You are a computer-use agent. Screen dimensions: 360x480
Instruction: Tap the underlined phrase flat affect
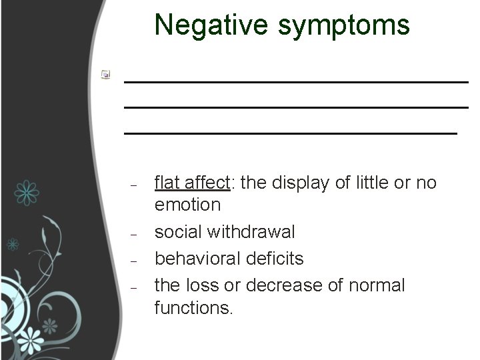[x=192, y=182]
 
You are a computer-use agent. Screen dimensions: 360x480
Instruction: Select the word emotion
[x=187, y=204]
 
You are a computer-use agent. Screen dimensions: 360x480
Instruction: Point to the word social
[x=179, y=231]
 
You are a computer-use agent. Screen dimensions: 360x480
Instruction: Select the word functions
[x=193, y=309]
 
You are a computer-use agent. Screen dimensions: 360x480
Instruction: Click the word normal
[x=377, y=285]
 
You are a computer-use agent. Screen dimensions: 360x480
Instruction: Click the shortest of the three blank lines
[x=291, y=133]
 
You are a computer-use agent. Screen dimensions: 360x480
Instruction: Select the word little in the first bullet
[x=375, y=182]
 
